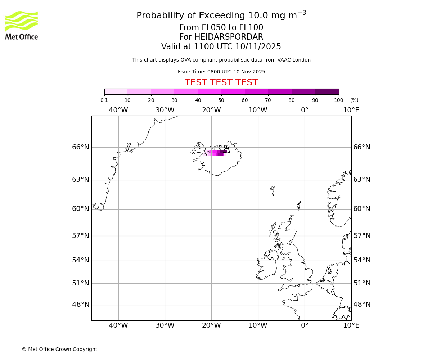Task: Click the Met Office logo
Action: click(22, 25)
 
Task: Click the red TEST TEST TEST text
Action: click(221, 83)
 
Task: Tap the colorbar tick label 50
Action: click(221, 100)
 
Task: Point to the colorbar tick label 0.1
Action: click(104, 100)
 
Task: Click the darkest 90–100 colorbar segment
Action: click(327, 92)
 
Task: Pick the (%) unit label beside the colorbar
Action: click(354, 100)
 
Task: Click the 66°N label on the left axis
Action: click(81, 147)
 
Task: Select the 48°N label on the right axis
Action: click(362, 305)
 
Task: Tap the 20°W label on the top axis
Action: click(211, 110)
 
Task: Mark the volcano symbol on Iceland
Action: click(226, 149)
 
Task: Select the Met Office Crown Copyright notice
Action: click(59, 350)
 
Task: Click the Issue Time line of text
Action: click(221, 72)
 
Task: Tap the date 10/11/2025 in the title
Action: click(258, 47)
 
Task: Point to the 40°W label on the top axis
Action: click(118, 110)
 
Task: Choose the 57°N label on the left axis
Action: click(81, 236)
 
